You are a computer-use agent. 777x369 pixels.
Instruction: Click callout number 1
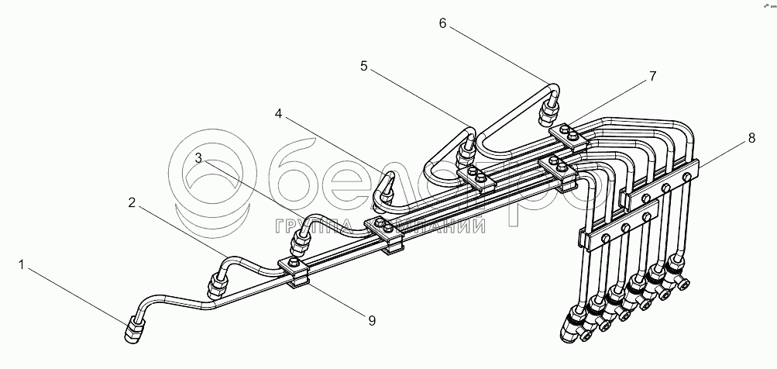click(22, 266)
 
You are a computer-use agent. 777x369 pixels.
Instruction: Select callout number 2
click(132, 203)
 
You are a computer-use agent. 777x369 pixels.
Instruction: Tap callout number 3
click(199, 158)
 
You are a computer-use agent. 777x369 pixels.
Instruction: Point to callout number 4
click(278, 114)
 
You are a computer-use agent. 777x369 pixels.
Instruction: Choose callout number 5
click(364, 67)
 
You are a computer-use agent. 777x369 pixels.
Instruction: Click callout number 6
click(442, 23)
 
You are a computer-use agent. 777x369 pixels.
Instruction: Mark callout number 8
click(751, 140)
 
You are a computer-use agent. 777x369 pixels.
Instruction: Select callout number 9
click(371, 319)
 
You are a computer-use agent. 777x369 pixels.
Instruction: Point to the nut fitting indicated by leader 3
click(298, 247)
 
